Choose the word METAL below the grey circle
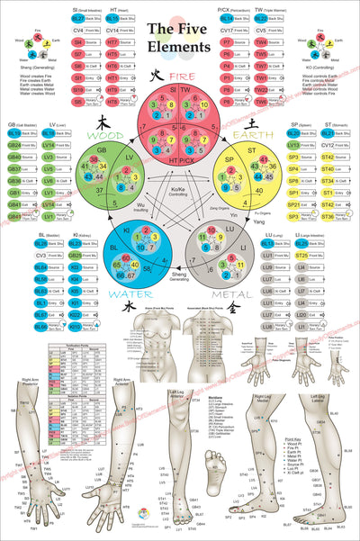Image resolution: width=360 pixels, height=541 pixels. pyautogui.click(x=255, y=292)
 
